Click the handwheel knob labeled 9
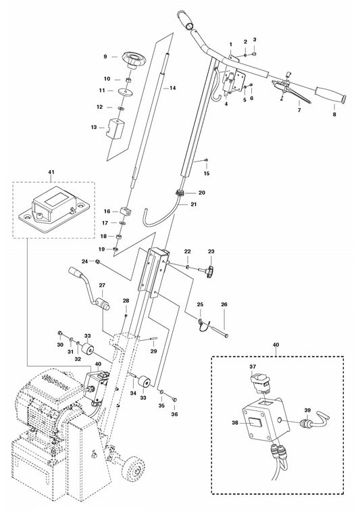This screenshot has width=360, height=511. pyautogui.click(x=134, y=60)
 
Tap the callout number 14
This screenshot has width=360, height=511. pyautogui.click(x=173, y=88)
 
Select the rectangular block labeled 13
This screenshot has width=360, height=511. pyautogui.click(x=115, y=128)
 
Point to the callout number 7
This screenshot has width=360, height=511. pyautogui.click(x=299, y=110)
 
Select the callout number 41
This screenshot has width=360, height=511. pyautogui.click(x=51, y=172)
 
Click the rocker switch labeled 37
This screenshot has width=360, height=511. pyautogui.click(x=261, y=383)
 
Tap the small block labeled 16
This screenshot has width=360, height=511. pyautogui.click(x=125, y=211)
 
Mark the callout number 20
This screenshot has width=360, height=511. pyautogui.click(x=202, y=193)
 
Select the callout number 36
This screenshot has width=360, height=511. pyautogui.click(x=175, y=414)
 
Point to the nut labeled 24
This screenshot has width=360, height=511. pyautogui.click(x=97, y=261)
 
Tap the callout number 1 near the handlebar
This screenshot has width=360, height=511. pyautogui.click(x=231, y=44)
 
